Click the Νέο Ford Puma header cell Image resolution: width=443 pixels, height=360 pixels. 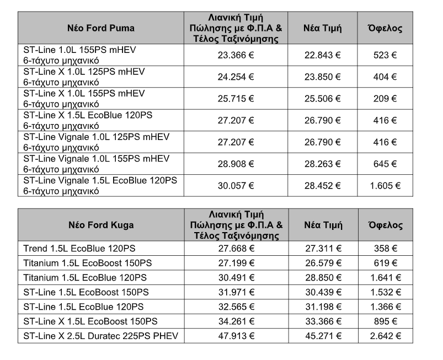pos(101,28)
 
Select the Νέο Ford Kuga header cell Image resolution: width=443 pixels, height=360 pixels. pos(101,225)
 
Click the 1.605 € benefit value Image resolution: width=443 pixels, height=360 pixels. pos(386,186)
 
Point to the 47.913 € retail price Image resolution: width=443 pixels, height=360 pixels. pos(236,334)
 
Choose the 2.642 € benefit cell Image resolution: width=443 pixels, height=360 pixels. pos(386,334)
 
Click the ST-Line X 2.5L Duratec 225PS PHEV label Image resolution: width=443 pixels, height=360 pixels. pos(101,334)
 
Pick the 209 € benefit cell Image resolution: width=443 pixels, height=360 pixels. pos(386,98)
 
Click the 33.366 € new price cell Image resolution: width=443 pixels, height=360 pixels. pos(323,320)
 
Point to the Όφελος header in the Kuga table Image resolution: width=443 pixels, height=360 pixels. pos(386,225)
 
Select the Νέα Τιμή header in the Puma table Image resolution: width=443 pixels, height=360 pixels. pos(323,28)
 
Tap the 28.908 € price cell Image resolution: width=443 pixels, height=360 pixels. pos(236,164)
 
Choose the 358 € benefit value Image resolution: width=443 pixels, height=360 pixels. pos(386,248)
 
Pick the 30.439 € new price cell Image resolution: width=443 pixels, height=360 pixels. pos(323,291)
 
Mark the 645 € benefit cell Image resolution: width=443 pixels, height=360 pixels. pos(386,164)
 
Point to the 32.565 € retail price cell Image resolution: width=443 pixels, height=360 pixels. pos(236,305)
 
